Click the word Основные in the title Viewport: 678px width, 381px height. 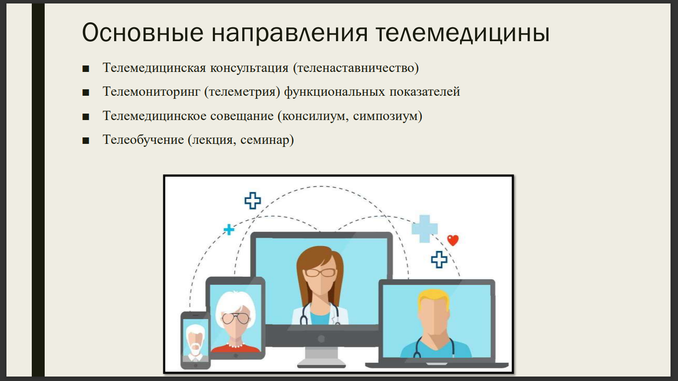(142, 32)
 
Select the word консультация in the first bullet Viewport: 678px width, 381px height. (249, 67)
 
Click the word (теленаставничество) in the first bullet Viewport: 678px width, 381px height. (356, 68)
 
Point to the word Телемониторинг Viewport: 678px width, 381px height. (151, 92)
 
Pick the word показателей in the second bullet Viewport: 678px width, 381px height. (424, 92)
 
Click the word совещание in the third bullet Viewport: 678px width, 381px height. (242, 116)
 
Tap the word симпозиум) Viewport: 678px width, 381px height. (388, 116)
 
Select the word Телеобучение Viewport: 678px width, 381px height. (143, 139)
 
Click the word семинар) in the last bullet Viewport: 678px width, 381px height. (267, 140)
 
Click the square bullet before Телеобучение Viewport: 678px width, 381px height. (86, 141)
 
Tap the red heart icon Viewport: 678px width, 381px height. (453, 240)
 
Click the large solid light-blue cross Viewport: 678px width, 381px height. (424, 229)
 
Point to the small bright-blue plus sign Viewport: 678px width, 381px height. (229, 229)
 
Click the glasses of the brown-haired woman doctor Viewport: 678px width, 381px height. (320, 273)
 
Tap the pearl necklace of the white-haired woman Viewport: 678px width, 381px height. (235, 345)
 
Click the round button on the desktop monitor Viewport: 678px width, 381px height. (321, 339)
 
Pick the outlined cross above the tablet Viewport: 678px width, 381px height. (253, 200)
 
